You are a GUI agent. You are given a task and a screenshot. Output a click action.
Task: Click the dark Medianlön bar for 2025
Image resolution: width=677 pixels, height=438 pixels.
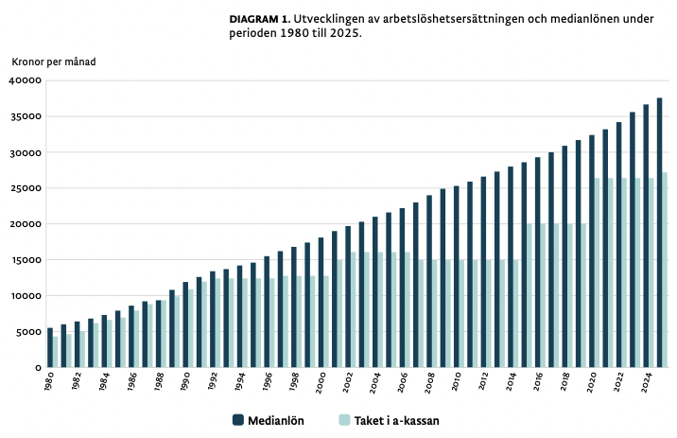[x=659, y=233]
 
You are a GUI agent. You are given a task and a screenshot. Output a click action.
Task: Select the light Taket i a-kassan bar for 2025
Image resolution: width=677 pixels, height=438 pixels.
[x=666, y=270]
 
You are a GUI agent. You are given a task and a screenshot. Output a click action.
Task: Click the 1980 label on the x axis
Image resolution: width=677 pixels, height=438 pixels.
[x=48, y=383]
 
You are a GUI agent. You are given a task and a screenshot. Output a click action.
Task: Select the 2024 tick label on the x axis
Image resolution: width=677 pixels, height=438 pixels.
[x=644, y=383]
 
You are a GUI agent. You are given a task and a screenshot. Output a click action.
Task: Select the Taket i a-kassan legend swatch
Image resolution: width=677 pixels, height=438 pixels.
[x=345, y=420]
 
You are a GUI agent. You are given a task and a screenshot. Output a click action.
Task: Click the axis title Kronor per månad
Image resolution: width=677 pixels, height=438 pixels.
[x=54, y=61]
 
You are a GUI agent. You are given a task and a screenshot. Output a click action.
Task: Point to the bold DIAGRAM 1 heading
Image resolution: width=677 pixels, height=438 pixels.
[x=260, y=19]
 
